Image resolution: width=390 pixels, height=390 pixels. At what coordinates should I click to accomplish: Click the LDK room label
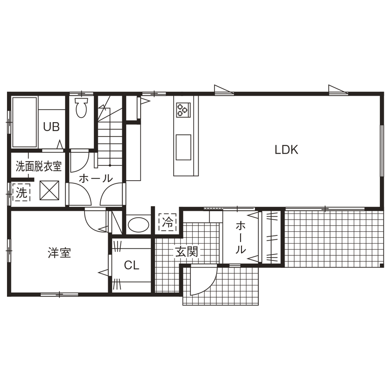coord(286,149)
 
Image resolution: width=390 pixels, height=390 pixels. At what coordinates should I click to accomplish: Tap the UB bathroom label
coord(52,127)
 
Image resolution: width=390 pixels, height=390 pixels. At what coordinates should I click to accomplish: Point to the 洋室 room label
coord(59,253)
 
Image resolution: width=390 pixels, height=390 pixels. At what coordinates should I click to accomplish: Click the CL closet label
coord(131,265)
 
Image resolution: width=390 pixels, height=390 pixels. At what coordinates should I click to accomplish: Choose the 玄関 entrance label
coord(187,252)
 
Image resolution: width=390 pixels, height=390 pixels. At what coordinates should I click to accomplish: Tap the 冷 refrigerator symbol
coord(168,222)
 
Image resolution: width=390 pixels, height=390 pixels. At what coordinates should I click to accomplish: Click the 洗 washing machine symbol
coord(21,192)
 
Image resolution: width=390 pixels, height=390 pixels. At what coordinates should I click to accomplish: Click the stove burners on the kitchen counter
coord(182,110)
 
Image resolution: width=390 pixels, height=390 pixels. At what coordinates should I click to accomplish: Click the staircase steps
coord(110,139)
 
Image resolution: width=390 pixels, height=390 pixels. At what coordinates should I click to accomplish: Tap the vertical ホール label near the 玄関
coord(241,237)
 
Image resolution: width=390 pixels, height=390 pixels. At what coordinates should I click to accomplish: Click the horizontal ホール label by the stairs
coord(95,178)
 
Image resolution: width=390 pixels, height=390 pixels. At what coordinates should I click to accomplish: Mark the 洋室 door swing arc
coord(95,221)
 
